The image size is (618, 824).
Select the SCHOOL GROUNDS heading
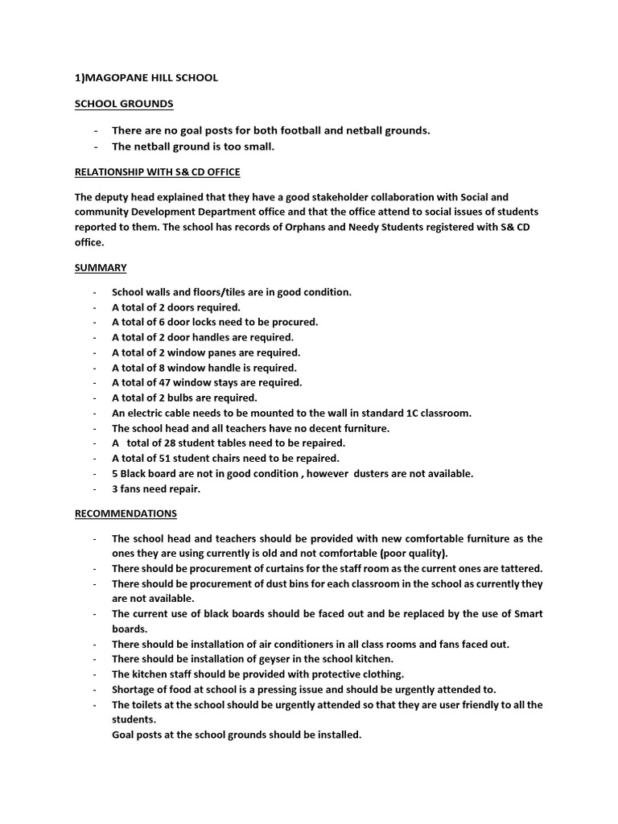[123, 104]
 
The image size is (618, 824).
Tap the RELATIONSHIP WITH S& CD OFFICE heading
[157, 171]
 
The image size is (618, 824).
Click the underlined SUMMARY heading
[100, 267]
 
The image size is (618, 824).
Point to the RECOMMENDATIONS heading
[126, 513]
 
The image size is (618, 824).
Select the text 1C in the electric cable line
[402, 413]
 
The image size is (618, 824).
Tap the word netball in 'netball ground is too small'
[150, 146]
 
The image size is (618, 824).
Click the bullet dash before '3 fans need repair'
[96, 488]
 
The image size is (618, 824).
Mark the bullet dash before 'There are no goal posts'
[97, 130]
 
